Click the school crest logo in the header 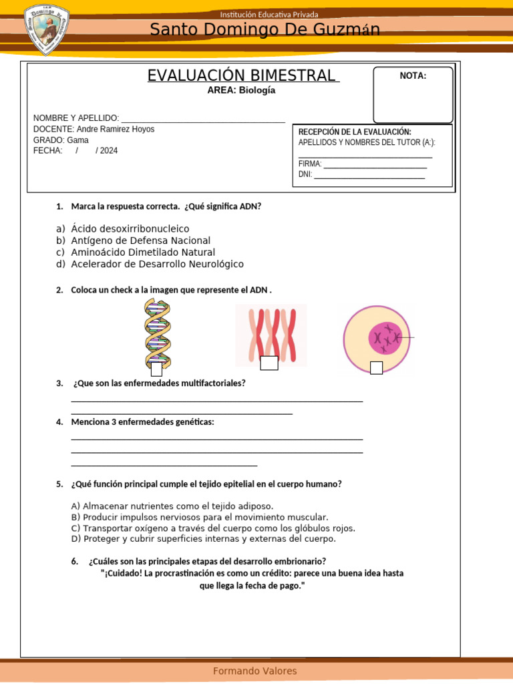[47, 29]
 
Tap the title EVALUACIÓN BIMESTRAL [243, 75]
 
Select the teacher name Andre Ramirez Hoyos [116, 129]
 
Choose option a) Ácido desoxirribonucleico [130, 228]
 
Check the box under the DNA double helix [156, 369]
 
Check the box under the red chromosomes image [269, 363]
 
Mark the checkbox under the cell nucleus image [376, 367]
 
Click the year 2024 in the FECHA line [109, 150]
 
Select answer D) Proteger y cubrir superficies [203, 538]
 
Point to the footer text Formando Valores [255, 671]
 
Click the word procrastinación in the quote [186, 573]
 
